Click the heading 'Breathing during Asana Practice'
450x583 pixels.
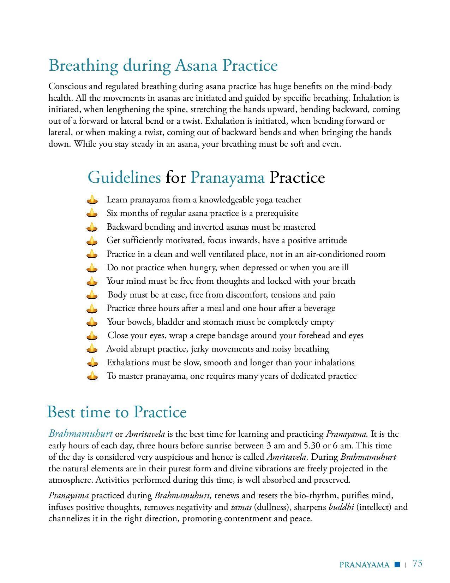pos(163,66)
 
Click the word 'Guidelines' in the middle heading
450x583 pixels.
pos(124,177)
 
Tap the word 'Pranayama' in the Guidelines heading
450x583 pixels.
pos(227,177)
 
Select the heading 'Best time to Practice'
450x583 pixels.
pos(117,412)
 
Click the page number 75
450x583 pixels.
pos(418,563)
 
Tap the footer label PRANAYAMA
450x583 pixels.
pos(364,565)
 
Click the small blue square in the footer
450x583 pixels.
pos(397,564)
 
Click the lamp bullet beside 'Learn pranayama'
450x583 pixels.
pos(92,200)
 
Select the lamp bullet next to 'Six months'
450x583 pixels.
pos(92,213)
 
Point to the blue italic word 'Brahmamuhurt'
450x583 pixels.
pos(81,434)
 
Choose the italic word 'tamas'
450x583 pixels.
pos(241,507)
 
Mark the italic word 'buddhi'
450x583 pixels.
pos(341,507)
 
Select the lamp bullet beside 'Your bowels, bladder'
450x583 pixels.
pos(92,322)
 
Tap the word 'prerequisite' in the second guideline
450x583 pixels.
pos(277,213)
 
